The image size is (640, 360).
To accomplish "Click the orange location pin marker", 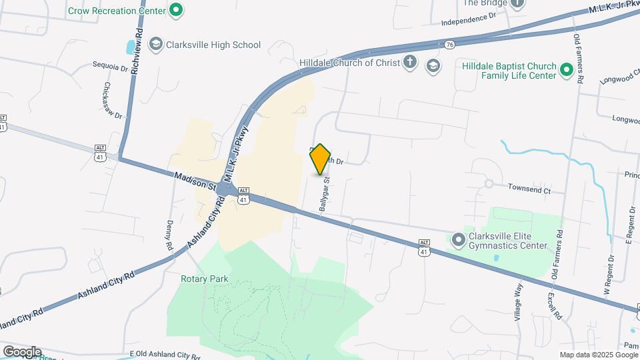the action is (321, 159).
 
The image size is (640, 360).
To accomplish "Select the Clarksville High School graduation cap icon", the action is (156, 45).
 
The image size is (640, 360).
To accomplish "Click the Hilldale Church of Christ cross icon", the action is (410, 63).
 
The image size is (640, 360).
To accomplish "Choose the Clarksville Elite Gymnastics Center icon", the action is (458, 239).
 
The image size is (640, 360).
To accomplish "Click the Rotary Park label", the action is (204, 279).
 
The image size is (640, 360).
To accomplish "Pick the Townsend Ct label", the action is (529, 190).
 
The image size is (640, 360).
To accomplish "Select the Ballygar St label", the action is (325, 194).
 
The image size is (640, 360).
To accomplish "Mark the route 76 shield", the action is (451, 45).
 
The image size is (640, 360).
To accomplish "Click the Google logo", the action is (22, 351).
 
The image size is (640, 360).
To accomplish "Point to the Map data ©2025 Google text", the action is (597, 355).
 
